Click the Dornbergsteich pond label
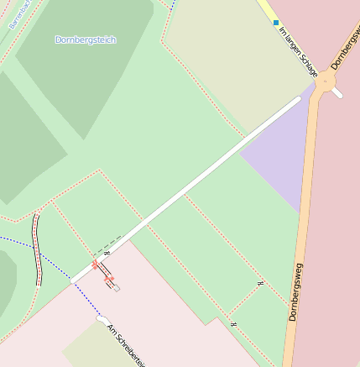point(86,39)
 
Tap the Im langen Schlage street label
point(298,50)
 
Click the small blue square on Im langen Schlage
point(276,23)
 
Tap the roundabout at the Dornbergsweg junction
point(324,82)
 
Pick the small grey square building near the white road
point(117,288)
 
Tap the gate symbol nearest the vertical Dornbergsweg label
point(260,284)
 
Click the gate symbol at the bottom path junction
point(232,323)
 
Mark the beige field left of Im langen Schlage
point(227,50)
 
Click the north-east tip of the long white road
point(297,99)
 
